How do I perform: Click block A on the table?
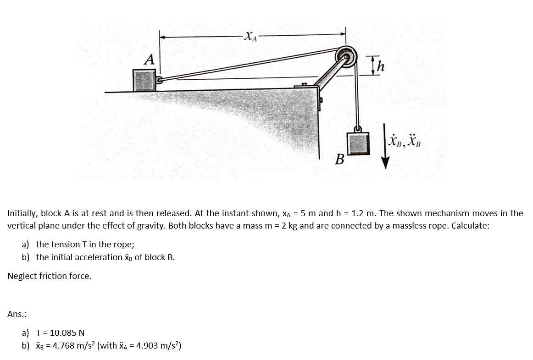point(144,81)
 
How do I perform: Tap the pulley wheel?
point(346,57)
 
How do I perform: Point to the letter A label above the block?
point(149,60)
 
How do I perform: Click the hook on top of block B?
point(358,129)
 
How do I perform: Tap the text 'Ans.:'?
point(17,314)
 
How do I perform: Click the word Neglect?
point(22,276)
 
